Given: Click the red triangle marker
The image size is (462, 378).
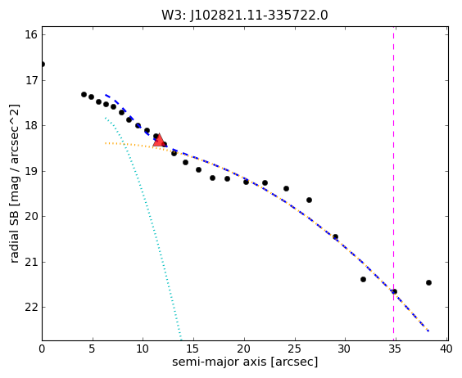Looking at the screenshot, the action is pos(159,140).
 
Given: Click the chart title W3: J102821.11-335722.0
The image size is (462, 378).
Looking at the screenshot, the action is pos(245,15).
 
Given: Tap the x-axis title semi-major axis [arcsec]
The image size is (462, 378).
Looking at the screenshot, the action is pos(245,362).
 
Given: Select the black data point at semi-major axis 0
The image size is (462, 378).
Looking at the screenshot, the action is pos(43,64).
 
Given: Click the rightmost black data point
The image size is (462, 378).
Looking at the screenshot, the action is pos(428,282).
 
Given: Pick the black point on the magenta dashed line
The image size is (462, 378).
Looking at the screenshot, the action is pos(394,292).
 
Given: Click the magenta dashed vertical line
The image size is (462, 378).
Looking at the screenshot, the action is pos(394,184).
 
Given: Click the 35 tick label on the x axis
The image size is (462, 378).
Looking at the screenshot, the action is pos(395,349).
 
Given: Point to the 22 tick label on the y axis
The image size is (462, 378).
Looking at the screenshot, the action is pos(31,307).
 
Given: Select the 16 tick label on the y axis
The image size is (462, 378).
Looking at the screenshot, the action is pos(31,34).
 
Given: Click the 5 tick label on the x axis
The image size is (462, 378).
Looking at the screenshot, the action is pos(93,349).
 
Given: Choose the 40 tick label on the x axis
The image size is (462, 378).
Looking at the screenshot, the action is pos(445,349).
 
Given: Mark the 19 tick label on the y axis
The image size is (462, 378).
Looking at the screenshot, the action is pos(31,171).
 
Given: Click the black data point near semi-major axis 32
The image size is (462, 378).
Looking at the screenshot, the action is pos(364,279).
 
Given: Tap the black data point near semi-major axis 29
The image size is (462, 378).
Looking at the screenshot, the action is pos(335,236).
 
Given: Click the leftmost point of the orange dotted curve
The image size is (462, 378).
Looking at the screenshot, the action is pos(106,143).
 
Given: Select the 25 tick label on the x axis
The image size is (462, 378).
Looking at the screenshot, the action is pos(294,349).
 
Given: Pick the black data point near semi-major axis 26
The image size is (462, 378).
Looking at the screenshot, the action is pos(309,200).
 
